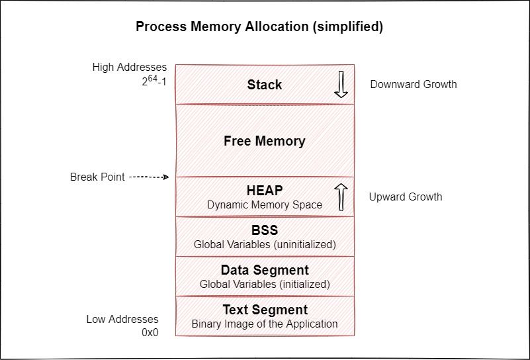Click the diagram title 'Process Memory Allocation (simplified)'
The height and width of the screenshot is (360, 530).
pyautogui.click(x=259, y=27)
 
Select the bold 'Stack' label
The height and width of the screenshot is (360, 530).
pyautogui.click(x=264, y=85)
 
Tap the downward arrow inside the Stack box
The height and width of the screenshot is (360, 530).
pyautogui.click(x=341, y=85)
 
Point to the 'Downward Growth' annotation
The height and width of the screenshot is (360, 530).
pyautogui.click(x=413, y=84)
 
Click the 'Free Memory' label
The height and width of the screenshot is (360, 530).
pyautogui.click(x=264, y=141)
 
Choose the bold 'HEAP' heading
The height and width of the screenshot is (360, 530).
pyautogui.click(x=264, y=191)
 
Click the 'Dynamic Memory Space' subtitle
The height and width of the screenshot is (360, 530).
pyautogui.click(x=264, y=205)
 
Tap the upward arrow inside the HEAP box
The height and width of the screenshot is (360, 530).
pyautogui.click(x=341, y=197)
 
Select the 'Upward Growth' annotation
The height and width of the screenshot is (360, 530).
pyautogui.click(x=406, y=197)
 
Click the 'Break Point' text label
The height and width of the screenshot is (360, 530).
pyautogui.click(x=97, y=177)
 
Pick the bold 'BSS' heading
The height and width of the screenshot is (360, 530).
pyautogui.click(x=264, y=230)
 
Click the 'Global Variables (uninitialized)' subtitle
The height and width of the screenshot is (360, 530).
pyautogui.click(x=264, y=245)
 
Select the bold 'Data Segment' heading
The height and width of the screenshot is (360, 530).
pyautogui.click(x=264, y=270)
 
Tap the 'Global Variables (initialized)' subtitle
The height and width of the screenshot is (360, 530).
pyautogui.click(x=264, y=285)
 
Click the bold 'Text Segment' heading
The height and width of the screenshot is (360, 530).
pyautogui.click(x=264, y=310)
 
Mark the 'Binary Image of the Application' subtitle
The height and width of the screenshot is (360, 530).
pyautogui.click(x=264, y=324)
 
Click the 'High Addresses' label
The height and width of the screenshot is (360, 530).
pyautogui.click(x=130, y=67)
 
